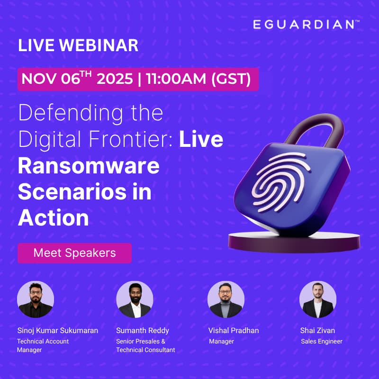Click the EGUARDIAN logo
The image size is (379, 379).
303,24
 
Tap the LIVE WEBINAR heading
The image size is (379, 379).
78,46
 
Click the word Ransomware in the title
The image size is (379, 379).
89,167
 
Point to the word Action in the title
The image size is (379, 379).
54,217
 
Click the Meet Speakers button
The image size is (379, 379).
74,253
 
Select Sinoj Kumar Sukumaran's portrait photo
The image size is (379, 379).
36,299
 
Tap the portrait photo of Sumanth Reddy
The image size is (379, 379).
135,299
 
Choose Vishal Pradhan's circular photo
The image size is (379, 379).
226,299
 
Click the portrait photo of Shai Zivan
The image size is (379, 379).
317,299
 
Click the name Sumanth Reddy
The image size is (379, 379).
143,331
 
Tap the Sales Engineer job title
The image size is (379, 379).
322,341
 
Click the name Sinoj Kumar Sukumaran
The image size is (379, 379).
57,331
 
